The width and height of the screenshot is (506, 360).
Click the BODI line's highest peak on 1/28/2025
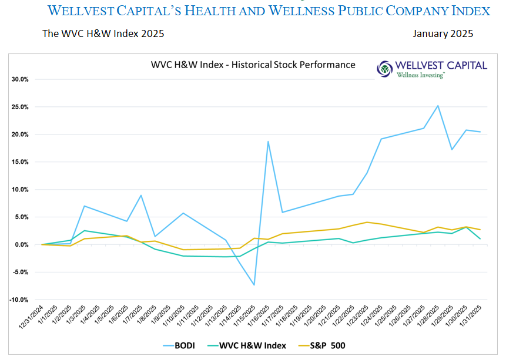[438, 106]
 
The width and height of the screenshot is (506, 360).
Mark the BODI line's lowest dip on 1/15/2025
[254, 285]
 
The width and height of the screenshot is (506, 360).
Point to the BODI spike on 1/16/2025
[268, 142]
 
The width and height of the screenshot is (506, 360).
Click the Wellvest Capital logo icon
[386, 68]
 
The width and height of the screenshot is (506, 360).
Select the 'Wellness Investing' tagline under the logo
[420, 75]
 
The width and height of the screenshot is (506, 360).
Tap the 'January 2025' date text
[443, 33]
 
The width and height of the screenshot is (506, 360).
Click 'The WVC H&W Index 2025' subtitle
[103, 33]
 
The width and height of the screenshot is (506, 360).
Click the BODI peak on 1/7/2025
[141, 195]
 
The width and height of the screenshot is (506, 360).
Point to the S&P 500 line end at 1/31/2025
[481, 230]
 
